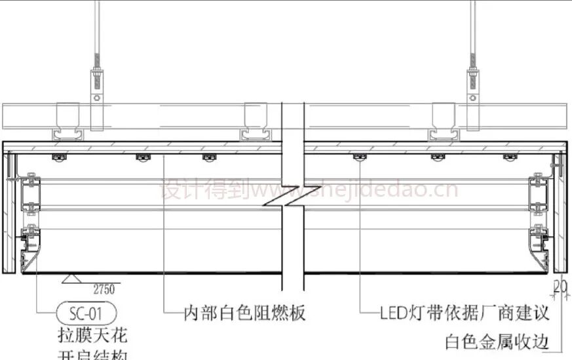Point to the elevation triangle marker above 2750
tap(72, 279)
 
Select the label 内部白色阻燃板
tap(244, 313)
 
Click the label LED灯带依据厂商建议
tap(465, 313)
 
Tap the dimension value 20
tap(560, 285)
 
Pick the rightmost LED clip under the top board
tap(510, 157)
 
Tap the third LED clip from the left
tap(208, 157)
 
